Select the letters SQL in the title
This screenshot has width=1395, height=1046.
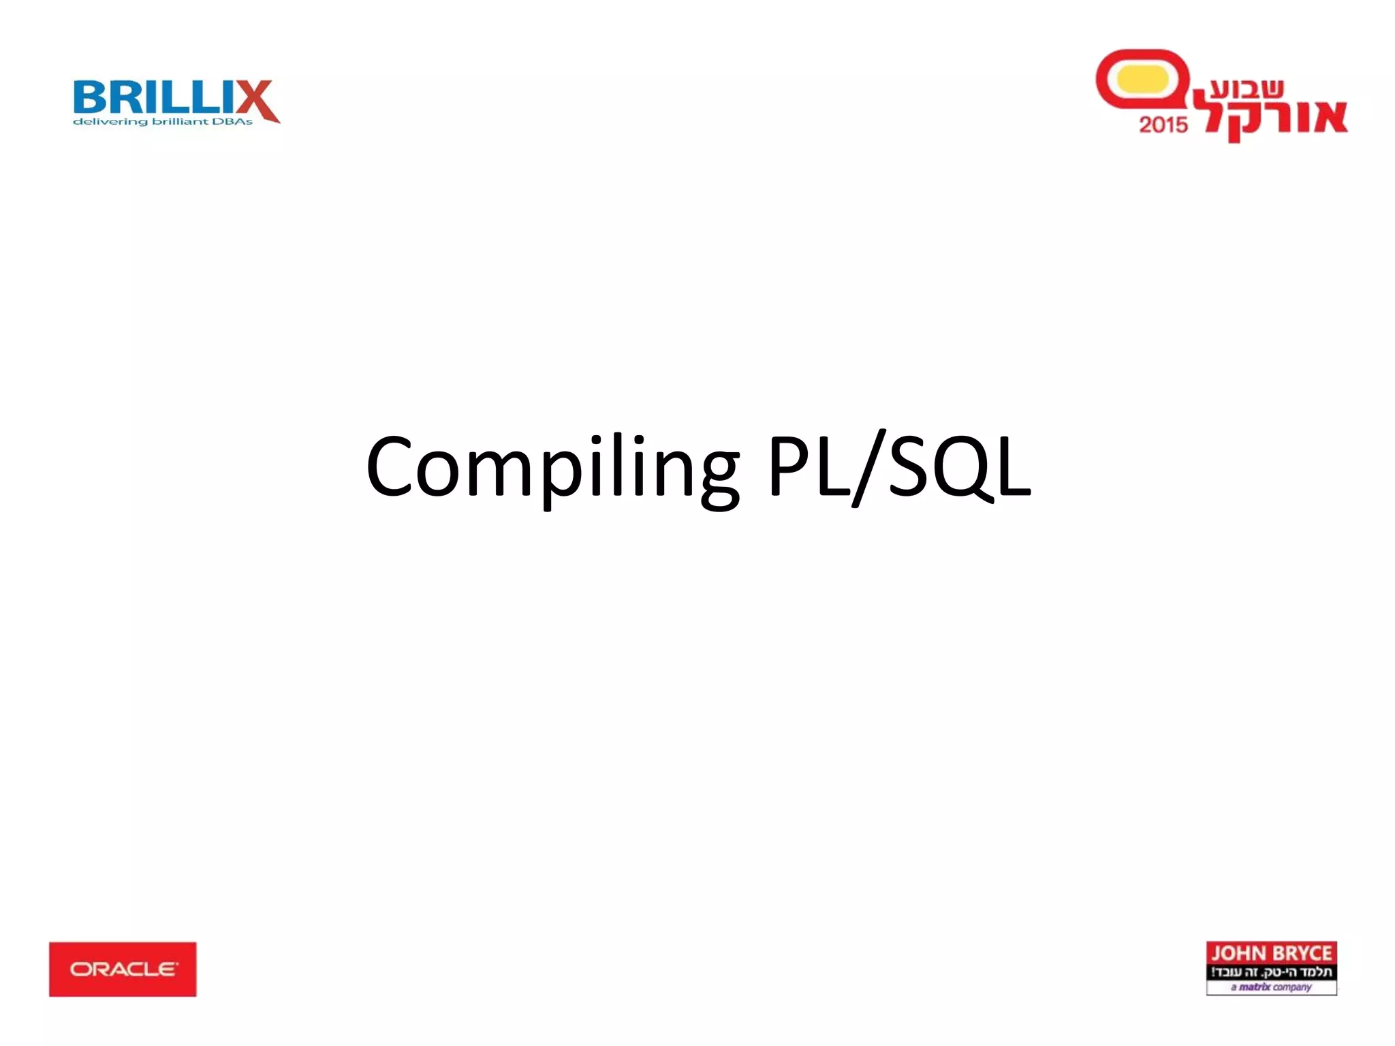coord(959,467)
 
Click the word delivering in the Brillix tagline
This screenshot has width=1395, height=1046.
coord(110,122)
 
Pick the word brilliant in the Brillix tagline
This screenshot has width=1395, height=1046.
coord(180,122)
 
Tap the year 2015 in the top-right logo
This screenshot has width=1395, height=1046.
coord(1163,125)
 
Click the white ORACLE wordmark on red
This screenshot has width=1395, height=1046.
coord(123,968)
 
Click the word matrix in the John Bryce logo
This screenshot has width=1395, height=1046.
coord(1254,987)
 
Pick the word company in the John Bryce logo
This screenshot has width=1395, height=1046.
coord(1291,987)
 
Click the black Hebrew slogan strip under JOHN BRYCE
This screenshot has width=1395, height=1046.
coord(1271,971)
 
